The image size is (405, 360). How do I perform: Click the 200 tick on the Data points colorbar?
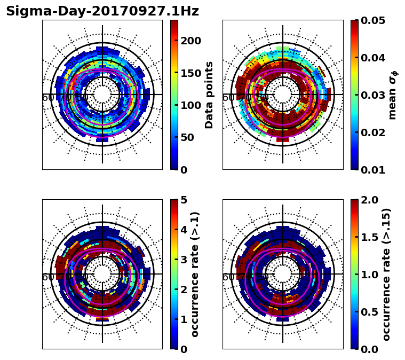[191, 41]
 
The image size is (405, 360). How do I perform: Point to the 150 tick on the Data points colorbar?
[191, 73]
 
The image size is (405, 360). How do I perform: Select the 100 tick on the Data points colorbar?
[191, 105]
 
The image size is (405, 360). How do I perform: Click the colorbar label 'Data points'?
[209, 95]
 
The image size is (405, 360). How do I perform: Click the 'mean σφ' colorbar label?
[393, 95]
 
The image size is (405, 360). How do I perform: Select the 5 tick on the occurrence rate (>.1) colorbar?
[183, 200]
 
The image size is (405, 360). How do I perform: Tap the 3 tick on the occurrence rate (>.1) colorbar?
[183, 260]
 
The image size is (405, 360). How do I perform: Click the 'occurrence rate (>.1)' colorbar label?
[195, 274]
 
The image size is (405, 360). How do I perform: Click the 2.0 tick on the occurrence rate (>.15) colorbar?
[368, 200]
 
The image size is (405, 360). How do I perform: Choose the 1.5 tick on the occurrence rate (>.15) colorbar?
[368, 237]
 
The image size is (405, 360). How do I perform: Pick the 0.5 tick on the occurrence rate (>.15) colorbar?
[368, 312]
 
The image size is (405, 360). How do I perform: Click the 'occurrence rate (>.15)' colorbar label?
[386, 274]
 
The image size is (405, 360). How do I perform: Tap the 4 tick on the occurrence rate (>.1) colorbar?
[183, 230]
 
